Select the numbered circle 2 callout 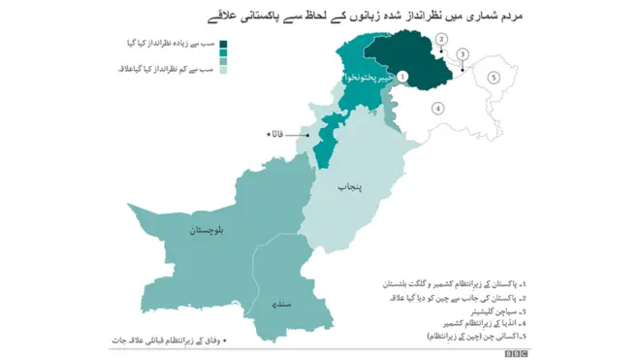441,40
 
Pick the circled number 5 493,77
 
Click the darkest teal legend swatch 225,44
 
